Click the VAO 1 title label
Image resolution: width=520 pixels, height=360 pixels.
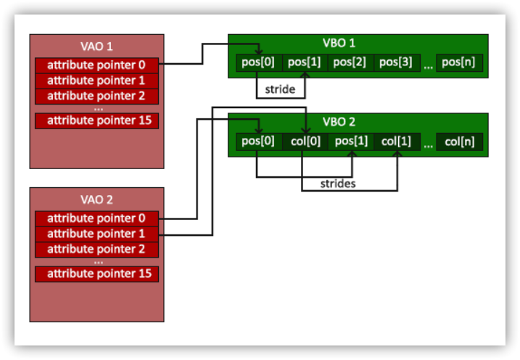point(96,46)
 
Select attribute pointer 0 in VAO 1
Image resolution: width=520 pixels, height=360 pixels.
point(97,65)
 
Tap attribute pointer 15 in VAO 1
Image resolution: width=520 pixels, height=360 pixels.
point(97,120)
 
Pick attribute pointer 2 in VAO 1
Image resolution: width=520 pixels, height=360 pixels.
point(97,97)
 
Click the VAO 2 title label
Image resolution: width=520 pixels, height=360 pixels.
point(96,200)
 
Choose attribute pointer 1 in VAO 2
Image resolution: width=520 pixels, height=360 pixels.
point(97,234)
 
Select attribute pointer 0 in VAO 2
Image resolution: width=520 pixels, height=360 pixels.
point(97,218)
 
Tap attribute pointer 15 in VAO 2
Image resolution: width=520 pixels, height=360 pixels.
point(97,274)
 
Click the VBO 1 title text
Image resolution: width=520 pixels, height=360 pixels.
point(339,43)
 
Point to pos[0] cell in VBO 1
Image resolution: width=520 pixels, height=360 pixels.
point(259,62)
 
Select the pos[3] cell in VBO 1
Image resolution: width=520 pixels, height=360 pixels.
point(397,62)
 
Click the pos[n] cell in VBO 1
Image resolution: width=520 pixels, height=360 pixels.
point(459,62)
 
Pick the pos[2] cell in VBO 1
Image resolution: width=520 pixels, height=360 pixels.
point(351,62)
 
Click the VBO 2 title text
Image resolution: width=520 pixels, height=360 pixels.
point(339,122)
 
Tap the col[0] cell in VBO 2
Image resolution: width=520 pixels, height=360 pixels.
point(305,142)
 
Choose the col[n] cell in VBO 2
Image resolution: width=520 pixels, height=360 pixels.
point(459,142)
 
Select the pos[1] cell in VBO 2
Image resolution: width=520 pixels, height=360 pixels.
point(351,142)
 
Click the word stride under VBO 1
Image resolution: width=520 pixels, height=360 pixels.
point(280,89)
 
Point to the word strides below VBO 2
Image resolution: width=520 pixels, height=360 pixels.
point(338,184)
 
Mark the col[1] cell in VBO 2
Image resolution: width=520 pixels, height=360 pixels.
point(397,142)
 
